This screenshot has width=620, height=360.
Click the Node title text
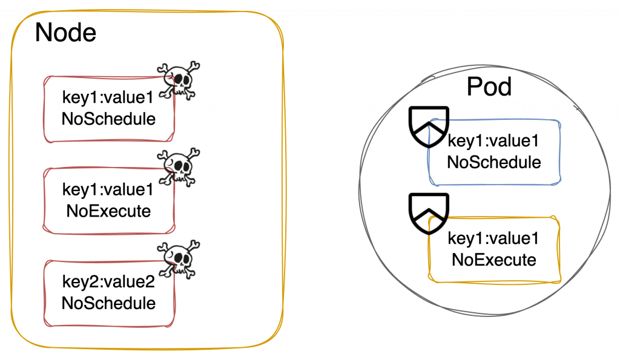pyautogui.click(x=65, y=32)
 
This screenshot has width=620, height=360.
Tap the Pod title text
pyautogui.click(x=489, y=87)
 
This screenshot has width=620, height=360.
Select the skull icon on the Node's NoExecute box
pyautogui.click(x=179, y=166)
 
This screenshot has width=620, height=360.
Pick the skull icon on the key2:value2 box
pyautogui.click(x=179, y=259)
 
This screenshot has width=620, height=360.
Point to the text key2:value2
pyautogui.click(x=108, y=282)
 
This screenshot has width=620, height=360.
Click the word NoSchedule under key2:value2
pyautogui.click(x=108, y=303)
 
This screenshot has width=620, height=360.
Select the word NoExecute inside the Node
pyautogui.click(x=108, y=211)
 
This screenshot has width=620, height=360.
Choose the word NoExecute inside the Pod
pyautogui.click(x=493, y=260)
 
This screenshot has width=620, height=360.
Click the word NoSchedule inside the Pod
pyautogui.click(x=493, y=162)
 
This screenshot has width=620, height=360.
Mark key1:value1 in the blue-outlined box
pyautogui.click(x=493, y=142)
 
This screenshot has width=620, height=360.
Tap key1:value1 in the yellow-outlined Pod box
pyautogui.click(x=493, y=239)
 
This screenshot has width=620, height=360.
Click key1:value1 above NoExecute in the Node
pyautogui.click(x=108, y=190)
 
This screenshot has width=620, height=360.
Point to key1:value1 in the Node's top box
pyautogui.click(x=108, y=98)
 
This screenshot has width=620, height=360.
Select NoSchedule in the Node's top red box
pyautogui.click(x=108, y=119)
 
